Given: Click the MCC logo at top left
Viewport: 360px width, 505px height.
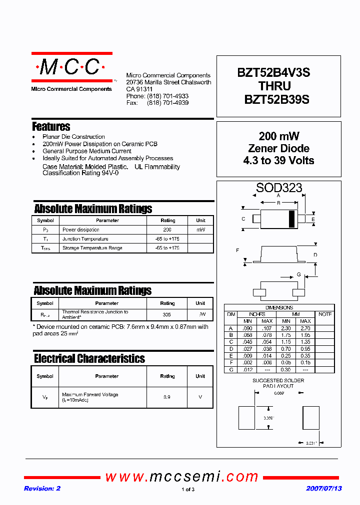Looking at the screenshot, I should (71, 67).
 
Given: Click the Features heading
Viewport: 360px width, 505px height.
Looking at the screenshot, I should (51, 127).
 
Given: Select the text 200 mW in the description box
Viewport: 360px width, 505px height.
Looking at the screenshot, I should (278, 136).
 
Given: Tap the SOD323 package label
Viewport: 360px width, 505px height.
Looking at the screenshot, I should (279, 188).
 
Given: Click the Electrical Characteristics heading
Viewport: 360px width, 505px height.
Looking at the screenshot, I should (89, 359).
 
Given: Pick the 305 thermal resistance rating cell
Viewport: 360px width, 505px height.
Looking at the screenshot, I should (167, 315).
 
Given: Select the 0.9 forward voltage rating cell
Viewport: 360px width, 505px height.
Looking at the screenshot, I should (167, 397).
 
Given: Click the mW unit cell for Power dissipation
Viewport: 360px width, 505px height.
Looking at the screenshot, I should (200, 230).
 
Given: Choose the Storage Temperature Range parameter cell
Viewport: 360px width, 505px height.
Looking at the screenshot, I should (92, 248).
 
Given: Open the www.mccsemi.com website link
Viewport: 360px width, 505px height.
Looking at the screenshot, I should (181, 477).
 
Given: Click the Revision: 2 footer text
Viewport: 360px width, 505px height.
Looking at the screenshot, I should (42, 489).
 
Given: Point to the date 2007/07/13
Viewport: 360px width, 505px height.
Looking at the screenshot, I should (323, 489).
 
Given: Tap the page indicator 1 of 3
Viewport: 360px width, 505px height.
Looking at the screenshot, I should (187, 490).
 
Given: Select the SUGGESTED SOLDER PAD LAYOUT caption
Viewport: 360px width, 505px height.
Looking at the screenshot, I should (278, 383).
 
